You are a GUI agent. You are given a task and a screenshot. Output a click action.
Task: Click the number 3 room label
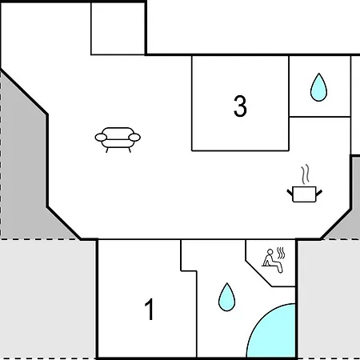click(x=240, y=106)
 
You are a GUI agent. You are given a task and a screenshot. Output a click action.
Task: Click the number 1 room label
click(x=150, y=310)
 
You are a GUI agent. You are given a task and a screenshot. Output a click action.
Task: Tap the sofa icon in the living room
click(x=118, y=140)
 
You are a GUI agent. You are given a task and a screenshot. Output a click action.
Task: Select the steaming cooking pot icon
click(x=305, y=183)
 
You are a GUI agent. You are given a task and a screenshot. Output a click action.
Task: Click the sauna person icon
click(x=272, y=261)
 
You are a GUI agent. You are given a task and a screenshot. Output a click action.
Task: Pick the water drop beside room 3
click(x=318, y=87)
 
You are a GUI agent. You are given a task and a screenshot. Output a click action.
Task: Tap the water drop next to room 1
click(x=226, y=297)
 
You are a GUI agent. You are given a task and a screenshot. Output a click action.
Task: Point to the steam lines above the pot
click(x=306, y=174)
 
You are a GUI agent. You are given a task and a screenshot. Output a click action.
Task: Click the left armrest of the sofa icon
click(x=101, y=138)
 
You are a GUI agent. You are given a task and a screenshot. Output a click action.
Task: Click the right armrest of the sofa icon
click(x=134, y=138)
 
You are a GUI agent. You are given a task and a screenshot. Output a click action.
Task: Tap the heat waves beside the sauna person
click(x=281, y=253)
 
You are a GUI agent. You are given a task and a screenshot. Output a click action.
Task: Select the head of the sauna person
click(x=270, y=251)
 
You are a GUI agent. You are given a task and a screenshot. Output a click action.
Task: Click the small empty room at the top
click(x=118, y=29)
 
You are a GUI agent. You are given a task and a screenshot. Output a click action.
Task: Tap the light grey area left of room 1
click(x=47, y=298)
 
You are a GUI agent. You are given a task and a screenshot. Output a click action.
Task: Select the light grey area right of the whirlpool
click(x=329, y=298)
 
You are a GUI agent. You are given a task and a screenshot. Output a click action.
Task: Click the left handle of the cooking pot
click(x=290, y=192)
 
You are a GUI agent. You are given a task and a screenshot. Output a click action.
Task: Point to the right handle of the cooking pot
click(x=319, y=192)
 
